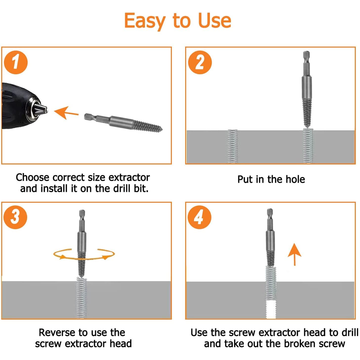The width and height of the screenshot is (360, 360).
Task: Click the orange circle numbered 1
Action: click(15, 62)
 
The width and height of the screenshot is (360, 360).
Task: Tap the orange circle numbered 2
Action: click(200, 62)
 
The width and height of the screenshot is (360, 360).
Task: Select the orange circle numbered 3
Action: click(15, 217)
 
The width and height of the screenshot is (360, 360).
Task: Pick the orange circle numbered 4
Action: click(199, 217)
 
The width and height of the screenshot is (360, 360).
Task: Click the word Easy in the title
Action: click(145, 21)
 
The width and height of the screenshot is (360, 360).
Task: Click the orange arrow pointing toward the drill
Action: click(66, 113)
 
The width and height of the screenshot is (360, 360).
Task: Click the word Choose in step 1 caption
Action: click(32, 177)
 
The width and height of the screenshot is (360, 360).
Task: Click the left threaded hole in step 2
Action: click(232, 147)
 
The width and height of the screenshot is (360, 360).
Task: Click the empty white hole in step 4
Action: click(271, 310)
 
